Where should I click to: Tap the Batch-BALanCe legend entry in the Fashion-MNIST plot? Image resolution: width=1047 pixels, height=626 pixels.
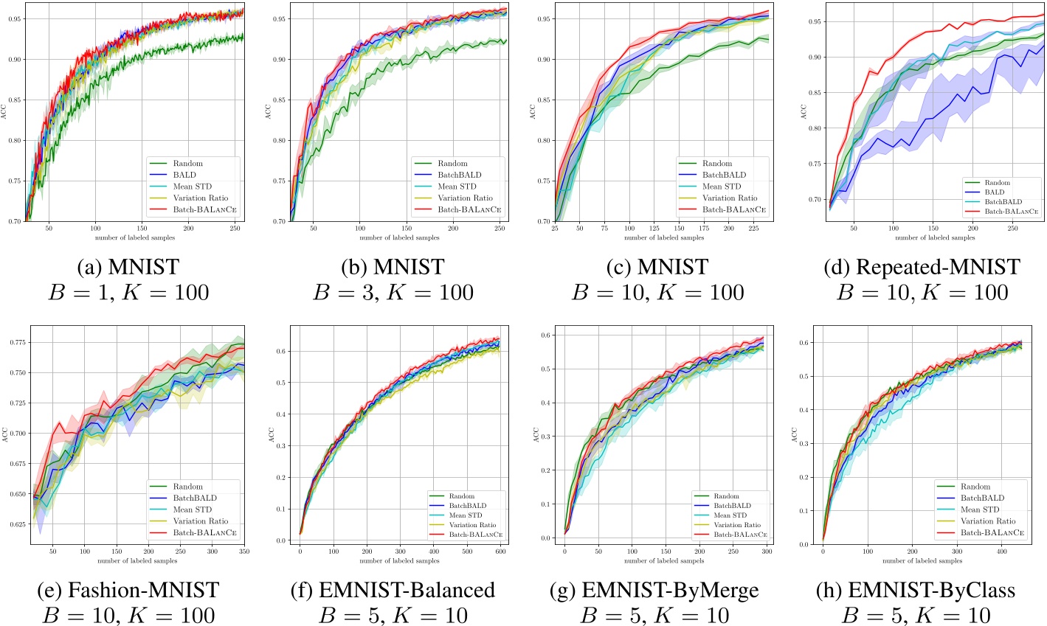(x=201, y=532)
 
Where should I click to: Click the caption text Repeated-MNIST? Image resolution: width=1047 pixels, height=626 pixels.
(x=922, y=266)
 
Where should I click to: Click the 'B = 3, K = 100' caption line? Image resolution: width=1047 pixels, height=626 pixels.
(x=393, y=292)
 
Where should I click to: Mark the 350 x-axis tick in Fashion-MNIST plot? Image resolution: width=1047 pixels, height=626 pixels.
(x=244, y=552)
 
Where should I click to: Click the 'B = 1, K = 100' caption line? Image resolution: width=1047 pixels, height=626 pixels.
(x=129, y=292)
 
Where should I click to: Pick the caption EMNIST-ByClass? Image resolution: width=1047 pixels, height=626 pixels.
(x=922, y=590)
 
